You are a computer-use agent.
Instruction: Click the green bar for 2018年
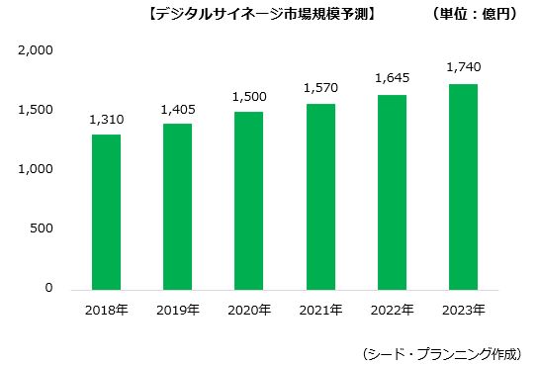(107, 212)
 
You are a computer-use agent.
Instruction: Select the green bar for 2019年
(178, 207)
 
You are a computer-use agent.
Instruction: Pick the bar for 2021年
(320, 197)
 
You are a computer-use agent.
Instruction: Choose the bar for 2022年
(392, 193)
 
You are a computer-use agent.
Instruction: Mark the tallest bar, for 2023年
(463, 187)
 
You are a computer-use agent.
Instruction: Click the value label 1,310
(107, 119)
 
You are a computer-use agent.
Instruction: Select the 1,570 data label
(320, 88)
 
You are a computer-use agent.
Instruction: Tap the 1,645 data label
(392, 78)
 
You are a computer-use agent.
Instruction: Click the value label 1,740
(463, 67)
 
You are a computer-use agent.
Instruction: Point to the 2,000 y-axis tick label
(36, 50)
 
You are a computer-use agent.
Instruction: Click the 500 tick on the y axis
(42, 229)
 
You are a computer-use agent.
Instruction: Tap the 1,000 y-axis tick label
(36, 170)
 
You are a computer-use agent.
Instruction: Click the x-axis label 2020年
(249, 311)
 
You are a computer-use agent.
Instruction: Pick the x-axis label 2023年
(463, 311)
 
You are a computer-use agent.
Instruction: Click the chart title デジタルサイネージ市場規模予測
(261, 15)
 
